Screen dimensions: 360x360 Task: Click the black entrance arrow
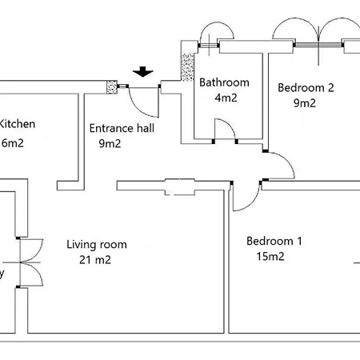coord(143,72)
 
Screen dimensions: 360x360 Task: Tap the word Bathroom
coord(224,82)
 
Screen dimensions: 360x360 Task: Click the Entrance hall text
coord(122,128)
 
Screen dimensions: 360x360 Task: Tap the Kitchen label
coord(16,124)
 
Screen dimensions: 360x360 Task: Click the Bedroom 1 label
coord(274,241)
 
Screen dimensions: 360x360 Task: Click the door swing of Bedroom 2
coord(280,166)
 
